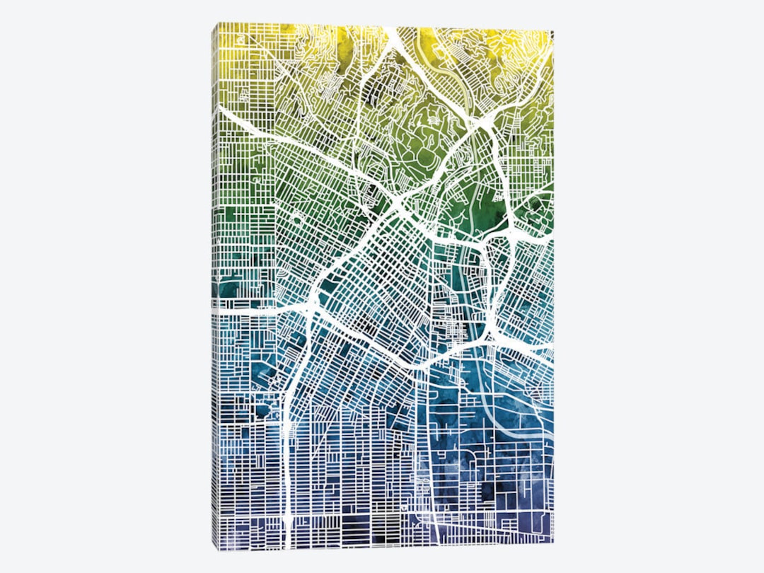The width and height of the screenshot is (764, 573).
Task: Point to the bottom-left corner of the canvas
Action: [213, 549]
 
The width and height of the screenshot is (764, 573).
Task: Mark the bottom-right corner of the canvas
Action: [553, 543]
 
